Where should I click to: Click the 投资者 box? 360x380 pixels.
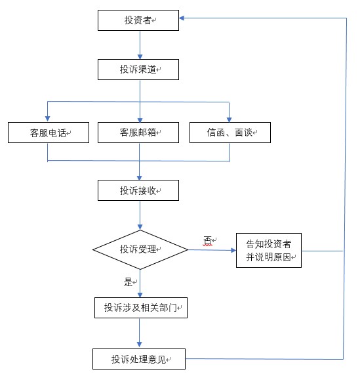point(138,20)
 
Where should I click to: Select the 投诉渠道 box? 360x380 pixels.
point(138,70)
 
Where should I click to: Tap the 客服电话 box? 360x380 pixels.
point(49,133)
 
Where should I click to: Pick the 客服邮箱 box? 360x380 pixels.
point(138,133)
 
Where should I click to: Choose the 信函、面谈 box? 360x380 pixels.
point(230,133)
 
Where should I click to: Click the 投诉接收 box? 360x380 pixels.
point(138,190)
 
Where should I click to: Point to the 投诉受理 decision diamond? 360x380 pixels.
point(140,249)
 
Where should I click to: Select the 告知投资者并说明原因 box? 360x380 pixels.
point(269,250)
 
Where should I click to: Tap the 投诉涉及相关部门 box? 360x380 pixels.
point(141,308)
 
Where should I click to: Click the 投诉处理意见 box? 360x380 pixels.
point(139,359)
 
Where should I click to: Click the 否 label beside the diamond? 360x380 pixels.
point(207,241)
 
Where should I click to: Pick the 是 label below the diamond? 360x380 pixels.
point(128,282)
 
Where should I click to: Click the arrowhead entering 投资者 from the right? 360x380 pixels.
point(182,18)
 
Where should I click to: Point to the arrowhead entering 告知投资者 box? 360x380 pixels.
point(233,250)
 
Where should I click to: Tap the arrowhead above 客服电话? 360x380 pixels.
point(47,119)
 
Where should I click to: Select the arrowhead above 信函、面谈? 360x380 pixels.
point(229,119)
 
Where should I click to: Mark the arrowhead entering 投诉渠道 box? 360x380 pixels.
point(140,56)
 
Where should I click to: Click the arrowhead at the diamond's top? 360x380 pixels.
point(140,227)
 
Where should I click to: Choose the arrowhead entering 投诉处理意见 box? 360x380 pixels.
point(139,345)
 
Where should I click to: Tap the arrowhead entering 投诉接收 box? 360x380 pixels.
point(139,177)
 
